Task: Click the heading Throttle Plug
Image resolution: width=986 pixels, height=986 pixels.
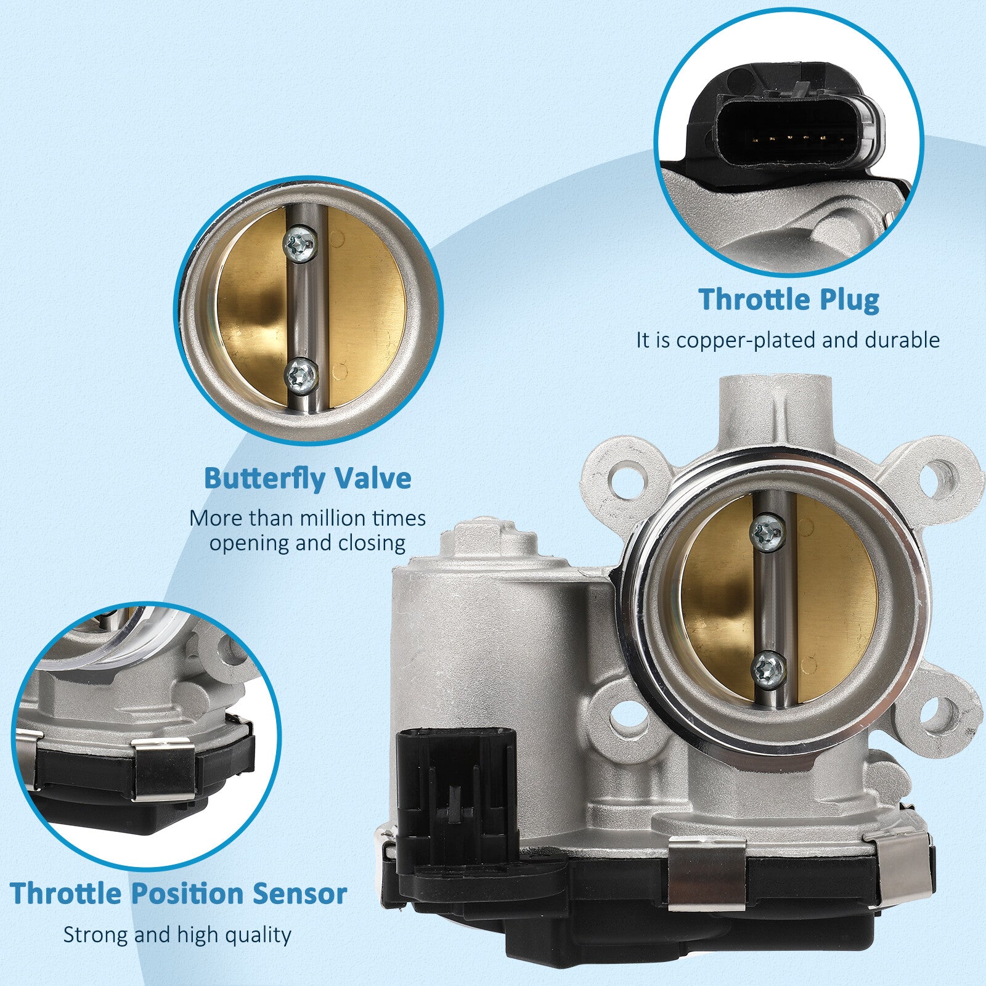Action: (789, 299)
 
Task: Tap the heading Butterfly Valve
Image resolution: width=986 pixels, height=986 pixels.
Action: (308, 478)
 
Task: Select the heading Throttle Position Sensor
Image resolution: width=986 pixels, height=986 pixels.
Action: (179, 894)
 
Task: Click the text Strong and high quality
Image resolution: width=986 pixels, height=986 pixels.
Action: (177, 934)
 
